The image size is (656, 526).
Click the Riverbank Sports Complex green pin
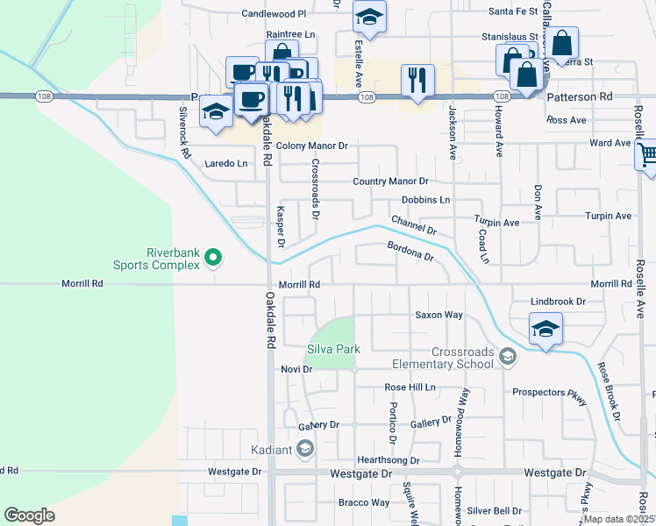coord(212,258)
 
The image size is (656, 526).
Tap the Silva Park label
coord(333,349)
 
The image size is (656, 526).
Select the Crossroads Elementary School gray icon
coord(507,356)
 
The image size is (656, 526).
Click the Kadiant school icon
coord(304,450)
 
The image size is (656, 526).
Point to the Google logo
coord(29,515)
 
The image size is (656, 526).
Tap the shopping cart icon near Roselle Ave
coord(647,155)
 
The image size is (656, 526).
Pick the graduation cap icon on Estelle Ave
coord(369,17)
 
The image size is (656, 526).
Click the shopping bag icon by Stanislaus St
coord(565,42)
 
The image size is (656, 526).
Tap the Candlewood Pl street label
coord(274,14)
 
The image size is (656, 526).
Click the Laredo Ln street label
coord(226,163)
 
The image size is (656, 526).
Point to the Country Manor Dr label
coord(389,181)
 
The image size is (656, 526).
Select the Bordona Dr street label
coord(410,251)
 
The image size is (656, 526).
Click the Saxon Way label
coord(439,315)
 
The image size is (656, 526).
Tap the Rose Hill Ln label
coord(410,387)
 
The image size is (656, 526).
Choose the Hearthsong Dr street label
coord(388,459)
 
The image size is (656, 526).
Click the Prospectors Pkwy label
coord(549,392)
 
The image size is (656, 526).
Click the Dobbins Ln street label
coord(425,200)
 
